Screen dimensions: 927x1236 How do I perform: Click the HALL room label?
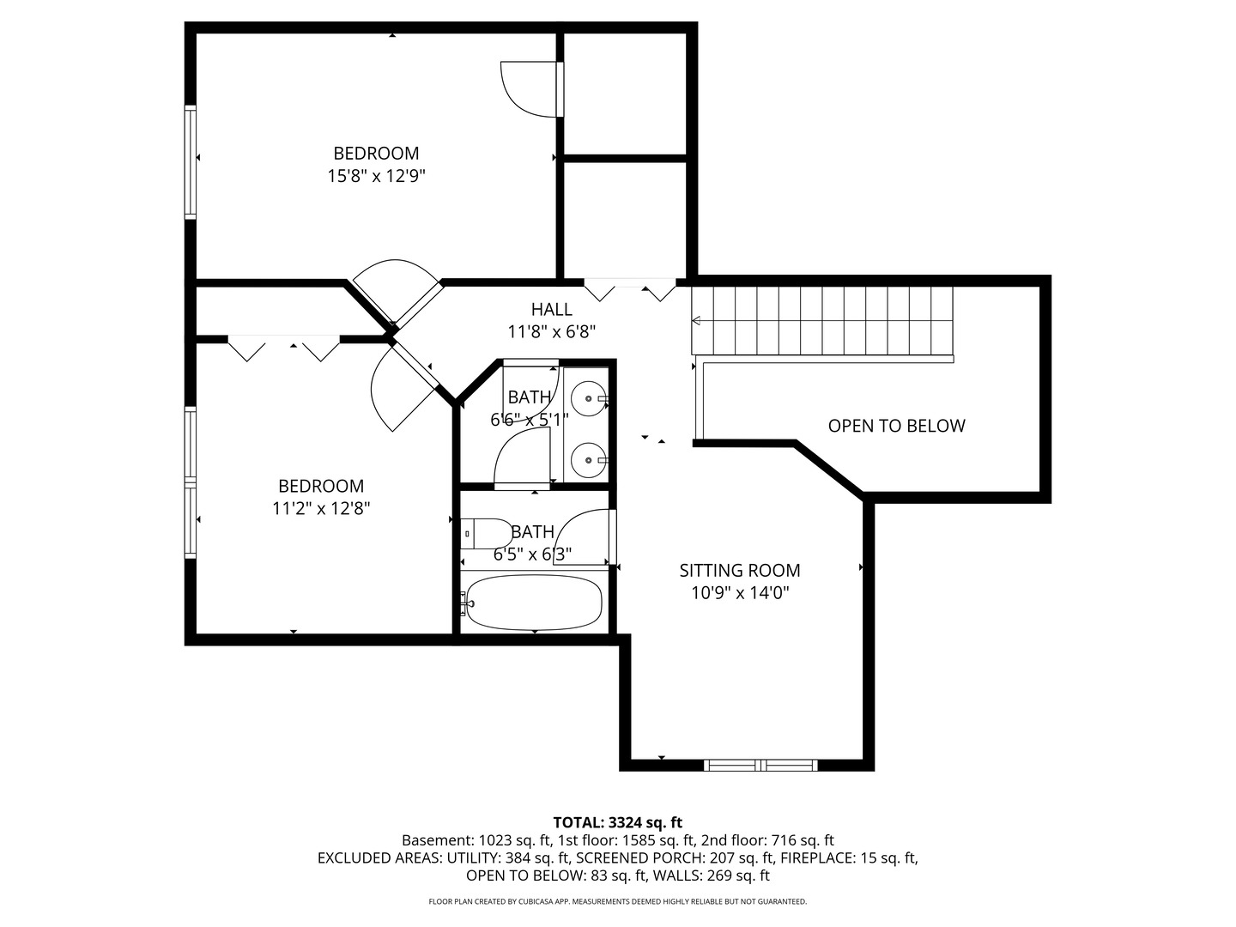(x=551, y=309)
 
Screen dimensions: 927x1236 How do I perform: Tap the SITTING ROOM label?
(x=740, y=570)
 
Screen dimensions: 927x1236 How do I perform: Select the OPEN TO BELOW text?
(x=896, y=426)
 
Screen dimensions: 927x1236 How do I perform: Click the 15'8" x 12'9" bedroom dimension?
(x=376, y=176)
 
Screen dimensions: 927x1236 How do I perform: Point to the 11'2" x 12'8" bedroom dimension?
(x=321, y=508)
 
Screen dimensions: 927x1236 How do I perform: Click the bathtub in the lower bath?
(x=534, y=602)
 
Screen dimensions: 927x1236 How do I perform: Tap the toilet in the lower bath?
(x=485, y=533)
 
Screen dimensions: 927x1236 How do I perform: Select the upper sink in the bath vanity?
(x=589, y=399)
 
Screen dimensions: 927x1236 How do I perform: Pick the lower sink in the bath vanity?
(x=589, y=460)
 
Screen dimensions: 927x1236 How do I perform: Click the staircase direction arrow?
(x=696, y=321)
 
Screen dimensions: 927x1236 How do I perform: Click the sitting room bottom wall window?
(x=760, y=765)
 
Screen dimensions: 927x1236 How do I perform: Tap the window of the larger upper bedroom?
(x=191, y=161)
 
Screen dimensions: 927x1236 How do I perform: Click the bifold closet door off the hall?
(x=630, y=290)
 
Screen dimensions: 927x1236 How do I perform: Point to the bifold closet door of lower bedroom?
(x=284, y=347)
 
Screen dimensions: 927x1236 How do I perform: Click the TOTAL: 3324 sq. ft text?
(x=617, y=822)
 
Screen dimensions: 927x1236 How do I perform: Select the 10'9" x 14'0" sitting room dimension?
(x=740, y=592)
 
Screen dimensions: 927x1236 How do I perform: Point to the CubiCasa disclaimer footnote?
(x=617, y=901)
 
